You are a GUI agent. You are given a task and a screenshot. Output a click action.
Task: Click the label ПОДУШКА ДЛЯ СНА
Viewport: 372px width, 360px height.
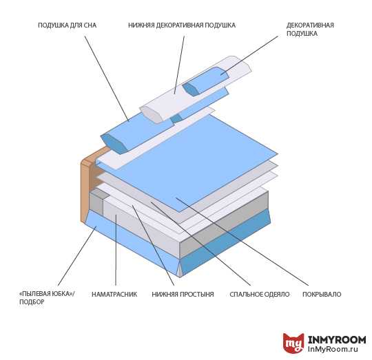67,25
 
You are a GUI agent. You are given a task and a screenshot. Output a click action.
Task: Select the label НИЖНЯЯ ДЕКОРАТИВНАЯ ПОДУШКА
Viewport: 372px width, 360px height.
182,25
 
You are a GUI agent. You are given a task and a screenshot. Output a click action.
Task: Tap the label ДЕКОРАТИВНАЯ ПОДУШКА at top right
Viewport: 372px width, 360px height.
310,29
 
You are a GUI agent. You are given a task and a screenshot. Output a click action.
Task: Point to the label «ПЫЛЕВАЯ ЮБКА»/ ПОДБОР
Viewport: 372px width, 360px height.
47,298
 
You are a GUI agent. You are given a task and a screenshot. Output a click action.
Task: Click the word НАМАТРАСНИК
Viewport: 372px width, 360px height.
114,295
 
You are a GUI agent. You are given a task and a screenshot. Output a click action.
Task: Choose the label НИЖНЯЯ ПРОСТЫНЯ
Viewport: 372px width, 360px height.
183,295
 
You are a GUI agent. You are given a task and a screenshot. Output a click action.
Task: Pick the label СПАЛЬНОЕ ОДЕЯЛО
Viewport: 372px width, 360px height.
260,295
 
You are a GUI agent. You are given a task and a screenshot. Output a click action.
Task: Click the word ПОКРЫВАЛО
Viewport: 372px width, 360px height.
322,295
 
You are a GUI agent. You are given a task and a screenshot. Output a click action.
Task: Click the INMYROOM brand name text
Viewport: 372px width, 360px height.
337,340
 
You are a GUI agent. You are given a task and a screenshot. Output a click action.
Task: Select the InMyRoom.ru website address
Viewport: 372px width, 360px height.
333,349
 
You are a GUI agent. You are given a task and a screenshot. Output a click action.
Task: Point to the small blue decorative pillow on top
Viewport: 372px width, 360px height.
205,81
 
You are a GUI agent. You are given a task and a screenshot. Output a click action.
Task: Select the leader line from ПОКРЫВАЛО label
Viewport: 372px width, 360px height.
242,242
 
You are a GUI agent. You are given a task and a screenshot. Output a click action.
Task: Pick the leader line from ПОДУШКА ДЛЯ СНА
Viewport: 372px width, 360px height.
107,78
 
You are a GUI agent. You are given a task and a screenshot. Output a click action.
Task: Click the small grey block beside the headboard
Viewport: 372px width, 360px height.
97,202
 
